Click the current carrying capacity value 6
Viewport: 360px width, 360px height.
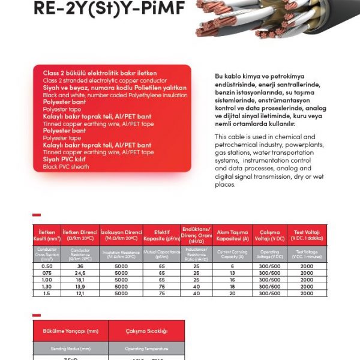[232, 266]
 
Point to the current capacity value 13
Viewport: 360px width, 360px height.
[232, 273]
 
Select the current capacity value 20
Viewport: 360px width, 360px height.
[232, 293]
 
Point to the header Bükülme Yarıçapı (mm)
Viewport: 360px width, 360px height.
[70, 331]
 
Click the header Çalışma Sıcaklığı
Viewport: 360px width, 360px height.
[146, 331]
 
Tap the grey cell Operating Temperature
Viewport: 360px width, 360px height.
[146, 348]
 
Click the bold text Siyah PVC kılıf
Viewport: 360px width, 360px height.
[67, 160]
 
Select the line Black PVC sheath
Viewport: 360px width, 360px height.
[66, 166]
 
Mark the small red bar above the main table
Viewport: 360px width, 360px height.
[37, 214]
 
